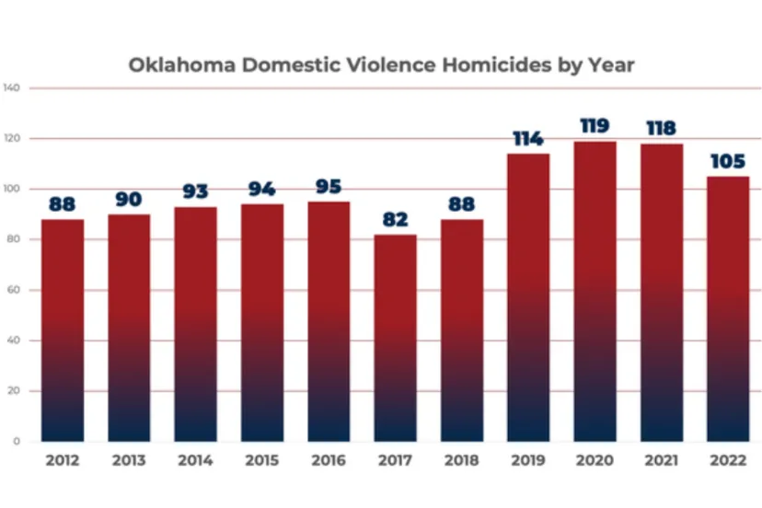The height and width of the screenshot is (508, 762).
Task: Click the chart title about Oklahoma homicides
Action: [381, 65]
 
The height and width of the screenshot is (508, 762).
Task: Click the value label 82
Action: [395, 220]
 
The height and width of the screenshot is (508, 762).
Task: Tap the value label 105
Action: [728, 162]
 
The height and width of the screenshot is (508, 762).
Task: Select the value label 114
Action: [528, 139]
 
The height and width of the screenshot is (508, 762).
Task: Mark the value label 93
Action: [195, 192]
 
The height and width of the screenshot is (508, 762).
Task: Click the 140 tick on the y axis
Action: [13, 88]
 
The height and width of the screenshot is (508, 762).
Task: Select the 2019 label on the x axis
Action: [528, 461]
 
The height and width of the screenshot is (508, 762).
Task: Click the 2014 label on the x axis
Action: [195, 461]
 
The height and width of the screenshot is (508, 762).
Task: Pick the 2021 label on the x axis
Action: [662, 461]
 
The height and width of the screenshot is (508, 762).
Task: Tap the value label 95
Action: [328, 188]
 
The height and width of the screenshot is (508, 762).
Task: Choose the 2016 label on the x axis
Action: [328, 461]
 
